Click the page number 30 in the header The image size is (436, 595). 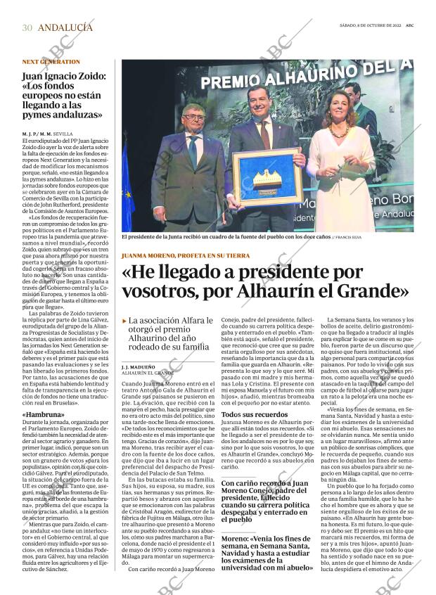[27, 27]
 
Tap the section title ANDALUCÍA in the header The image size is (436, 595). [65, 27]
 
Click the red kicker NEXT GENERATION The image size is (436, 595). [50, 61]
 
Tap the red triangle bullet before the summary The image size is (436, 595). [124, 321]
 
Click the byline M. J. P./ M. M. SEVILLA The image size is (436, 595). [48, 133]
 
